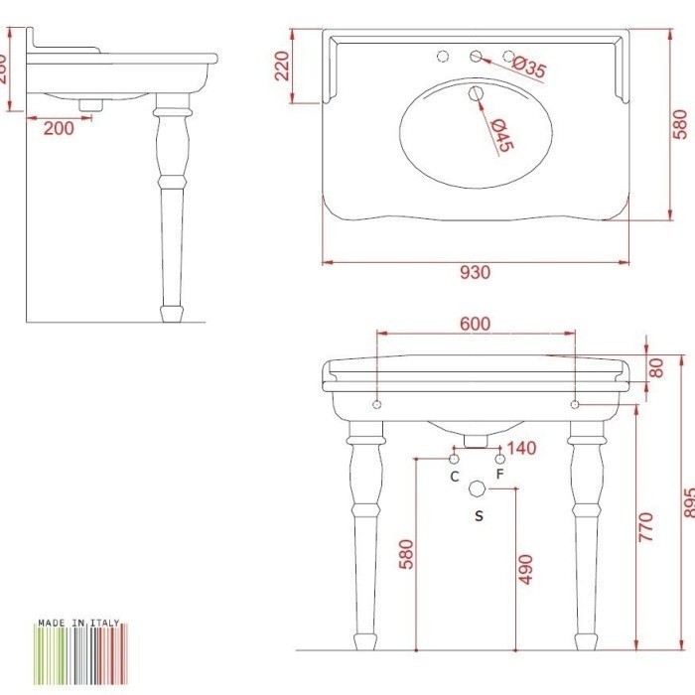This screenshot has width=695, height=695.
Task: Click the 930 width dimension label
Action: click(476, 273)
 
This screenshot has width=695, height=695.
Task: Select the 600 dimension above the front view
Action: click(475, 325)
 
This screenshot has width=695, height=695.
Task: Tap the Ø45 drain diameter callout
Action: click(500, 134)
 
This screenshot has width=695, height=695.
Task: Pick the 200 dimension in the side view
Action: click(59, 128)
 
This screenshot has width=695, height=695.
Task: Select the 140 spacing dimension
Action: click(521, 448)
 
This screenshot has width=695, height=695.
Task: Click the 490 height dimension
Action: click(526, 568)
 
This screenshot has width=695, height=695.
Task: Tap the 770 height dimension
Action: click(646, 526)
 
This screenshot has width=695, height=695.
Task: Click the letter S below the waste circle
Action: click(479, 515)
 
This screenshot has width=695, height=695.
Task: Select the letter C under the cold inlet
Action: click(454, 477)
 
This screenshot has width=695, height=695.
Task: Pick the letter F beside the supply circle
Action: click(500, 476)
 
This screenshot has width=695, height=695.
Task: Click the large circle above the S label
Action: click(478, 489)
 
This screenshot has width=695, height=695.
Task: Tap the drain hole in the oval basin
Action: click(476, 95)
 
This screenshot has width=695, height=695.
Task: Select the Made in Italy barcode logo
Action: click(78, 649)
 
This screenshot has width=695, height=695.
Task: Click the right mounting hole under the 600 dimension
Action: click(576, 405)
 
